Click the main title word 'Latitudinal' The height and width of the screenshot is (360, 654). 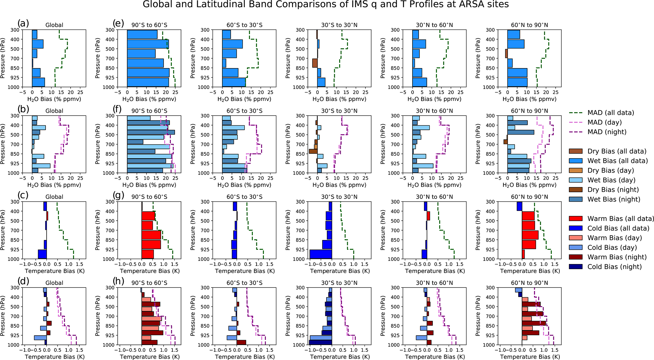[x=228, y=4]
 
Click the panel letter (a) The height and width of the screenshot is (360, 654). [x=23, y=23]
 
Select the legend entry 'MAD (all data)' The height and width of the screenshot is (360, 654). [x=611, y=113]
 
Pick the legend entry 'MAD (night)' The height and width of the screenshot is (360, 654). [x=607, y=132]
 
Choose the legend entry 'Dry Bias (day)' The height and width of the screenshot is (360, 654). [x=611, y=170]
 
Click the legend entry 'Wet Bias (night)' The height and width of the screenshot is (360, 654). [x=614, y=199]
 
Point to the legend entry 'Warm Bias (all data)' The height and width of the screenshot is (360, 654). [x=620, y=218]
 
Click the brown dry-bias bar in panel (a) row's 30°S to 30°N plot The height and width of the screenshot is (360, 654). [x=315, y=63]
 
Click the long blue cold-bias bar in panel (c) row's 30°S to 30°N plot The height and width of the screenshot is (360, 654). [x=321, y=254]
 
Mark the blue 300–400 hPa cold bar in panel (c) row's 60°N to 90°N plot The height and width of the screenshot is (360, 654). [x=519, y=206]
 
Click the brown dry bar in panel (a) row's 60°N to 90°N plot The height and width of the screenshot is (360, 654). [x=506, y=54]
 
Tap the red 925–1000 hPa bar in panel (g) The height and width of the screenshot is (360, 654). [x=148, y=254]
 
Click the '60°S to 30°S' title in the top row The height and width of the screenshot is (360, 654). [x=245, y=25]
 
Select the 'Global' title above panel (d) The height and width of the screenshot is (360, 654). [x=54, y=283]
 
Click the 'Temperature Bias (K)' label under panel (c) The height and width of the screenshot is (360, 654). [x=55, y=271]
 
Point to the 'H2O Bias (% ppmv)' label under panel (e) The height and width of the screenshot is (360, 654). [x=149, y=99]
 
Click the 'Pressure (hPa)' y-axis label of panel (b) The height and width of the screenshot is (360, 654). [x=3, y=144]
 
